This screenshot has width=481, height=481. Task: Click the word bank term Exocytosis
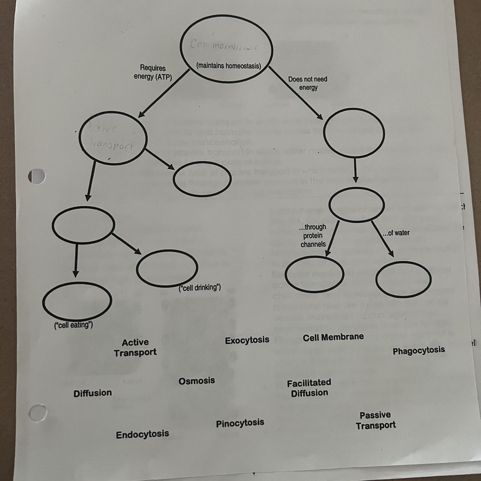[x=247, y=340]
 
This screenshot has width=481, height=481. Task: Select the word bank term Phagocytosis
[x=419, y=351]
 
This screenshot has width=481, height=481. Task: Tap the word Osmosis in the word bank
[x=197, y=381]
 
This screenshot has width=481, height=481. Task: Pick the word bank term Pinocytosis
[x=240, y=423]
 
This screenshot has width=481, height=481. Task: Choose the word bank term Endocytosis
[x=142, y=434]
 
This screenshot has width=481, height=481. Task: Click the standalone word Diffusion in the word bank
[x=93, y=393]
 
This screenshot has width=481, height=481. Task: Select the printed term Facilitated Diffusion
[x=309, y=388]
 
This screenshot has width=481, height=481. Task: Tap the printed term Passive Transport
[x=375, y=420]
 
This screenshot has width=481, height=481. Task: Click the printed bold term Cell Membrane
[x=333, y=337]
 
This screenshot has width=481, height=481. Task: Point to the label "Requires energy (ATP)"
[x=153, y=72]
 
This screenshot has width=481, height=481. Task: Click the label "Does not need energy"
[x=308, y=83]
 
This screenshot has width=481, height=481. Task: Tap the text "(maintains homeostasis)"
[x=228, y=66]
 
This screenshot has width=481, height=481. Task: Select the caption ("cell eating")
[x=74, y=325]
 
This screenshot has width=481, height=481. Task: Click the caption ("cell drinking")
[x=200, y=288]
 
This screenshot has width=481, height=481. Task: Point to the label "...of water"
[x=396, y=233]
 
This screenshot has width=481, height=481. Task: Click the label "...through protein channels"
[x=313, y=236]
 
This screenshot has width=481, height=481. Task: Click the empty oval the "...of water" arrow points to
[x=403, y=279]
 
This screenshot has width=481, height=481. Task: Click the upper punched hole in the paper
[x=36, y=176]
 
